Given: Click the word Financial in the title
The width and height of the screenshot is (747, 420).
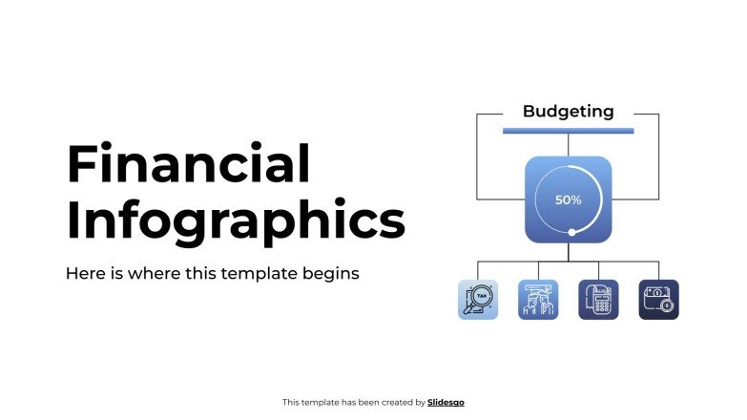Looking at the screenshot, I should [188, 164].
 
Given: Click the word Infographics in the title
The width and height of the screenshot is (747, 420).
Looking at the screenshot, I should [236, 221].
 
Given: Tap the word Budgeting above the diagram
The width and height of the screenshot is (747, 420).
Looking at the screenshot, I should [568, 112].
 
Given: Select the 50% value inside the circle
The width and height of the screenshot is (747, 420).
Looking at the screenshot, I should [569, 200].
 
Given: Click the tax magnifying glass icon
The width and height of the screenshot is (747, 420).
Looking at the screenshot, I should [477, 300].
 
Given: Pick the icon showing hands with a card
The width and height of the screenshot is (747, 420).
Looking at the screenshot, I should [537, 300].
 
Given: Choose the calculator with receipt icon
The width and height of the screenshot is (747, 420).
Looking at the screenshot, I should [598, 300].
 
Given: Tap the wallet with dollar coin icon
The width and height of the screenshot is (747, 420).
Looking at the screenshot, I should [658, 300].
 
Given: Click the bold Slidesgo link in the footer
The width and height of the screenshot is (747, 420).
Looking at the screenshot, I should [446, 403].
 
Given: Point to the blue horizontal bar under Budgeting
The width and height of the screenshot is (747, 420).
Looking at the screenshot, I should [568, 130].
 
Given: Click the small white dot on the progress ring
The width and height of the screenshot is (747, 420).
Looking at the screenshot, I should [571, 232].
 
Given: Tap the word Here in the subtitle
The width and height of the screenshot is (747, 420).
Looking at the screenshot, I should [83, 274].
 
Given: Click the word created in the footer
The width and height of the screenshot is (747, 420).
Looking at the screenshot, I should [395, 403].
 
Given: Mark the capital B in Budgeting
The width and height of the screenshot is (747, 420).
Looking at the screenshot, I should [529, 112].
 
